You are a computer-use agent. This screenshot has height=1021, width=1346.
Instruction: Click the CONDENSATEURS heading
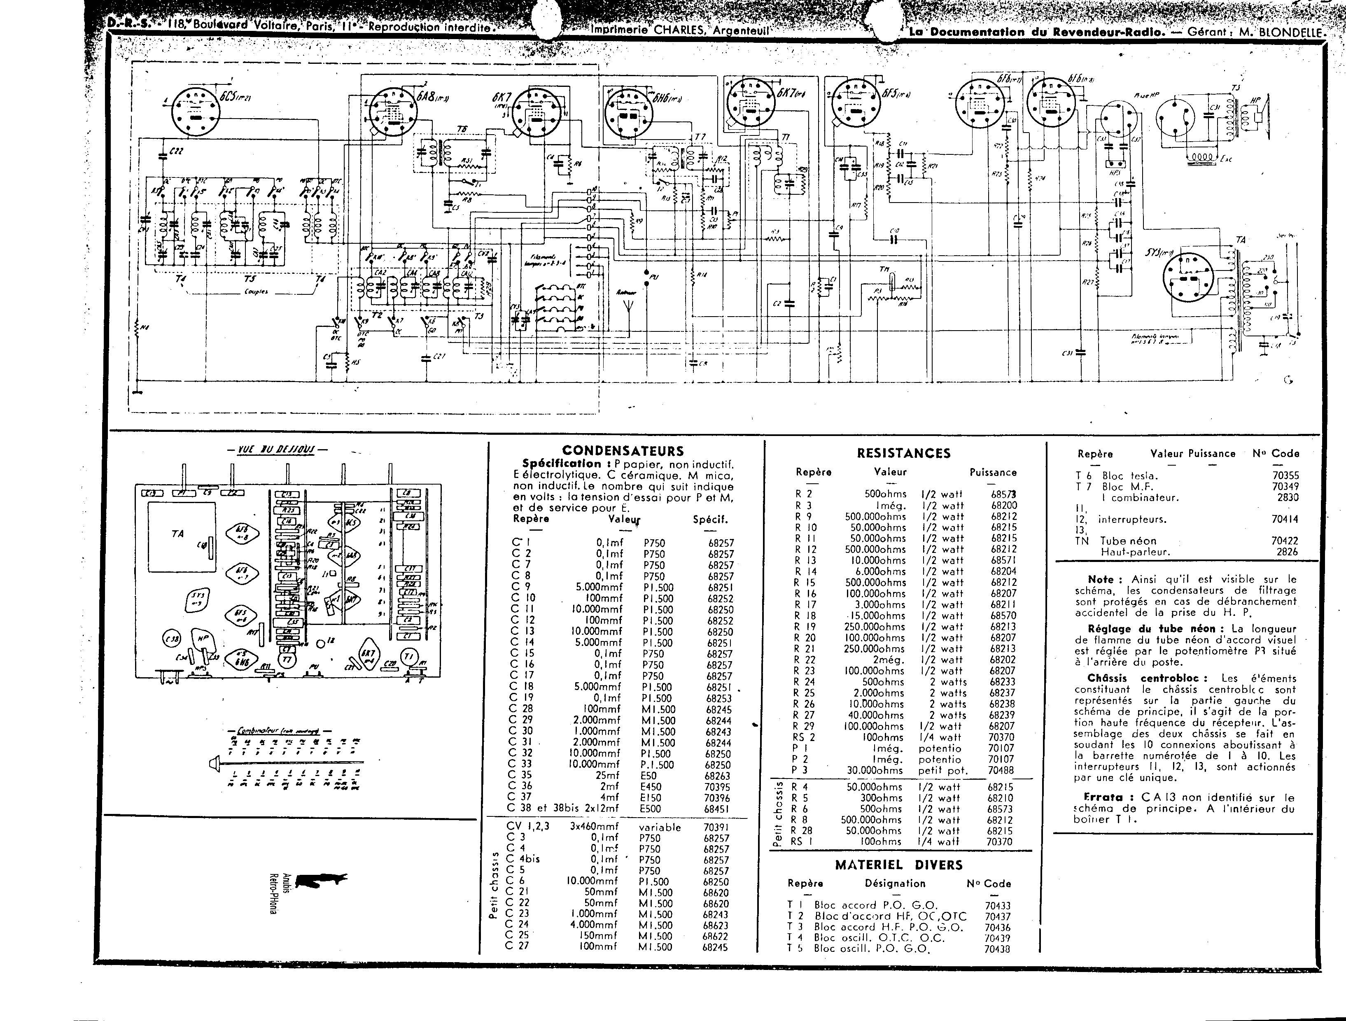click(623, 451)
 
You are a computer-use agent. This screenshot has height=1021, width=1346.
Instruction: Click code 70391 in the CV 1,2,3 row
click(716, 828)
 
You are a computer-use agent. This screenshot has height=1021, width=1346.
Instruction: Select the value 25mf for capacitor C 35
click(607, 776)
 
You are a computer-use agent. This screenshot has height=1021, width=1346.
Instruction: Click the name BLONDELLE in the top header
click(1291, 33)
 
